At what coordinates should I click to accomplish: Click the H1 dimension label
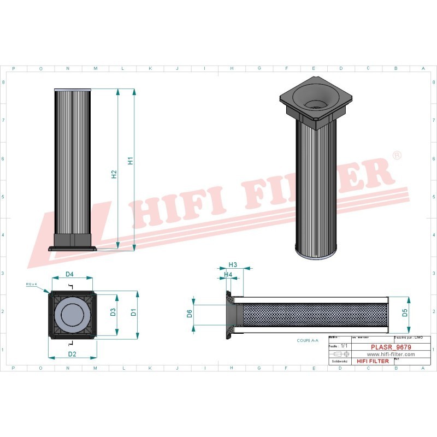[x=131, y=161]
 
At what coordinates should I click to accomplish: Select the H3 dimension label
[x=232, y=264]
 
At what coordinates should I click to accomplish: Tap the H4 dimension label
[x=228, y=274]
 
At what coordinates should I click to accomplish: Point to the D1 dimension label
[x=133, y=312]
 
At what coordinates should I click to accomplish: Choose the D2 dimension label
[x=72, y=354]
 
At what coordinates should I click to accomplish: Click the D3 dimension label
[x=113, y=312]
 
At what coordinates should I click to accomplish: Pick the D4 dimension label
[x=70, y=274]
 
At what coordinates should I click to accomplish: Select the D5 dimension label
[x=405, y=312]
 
